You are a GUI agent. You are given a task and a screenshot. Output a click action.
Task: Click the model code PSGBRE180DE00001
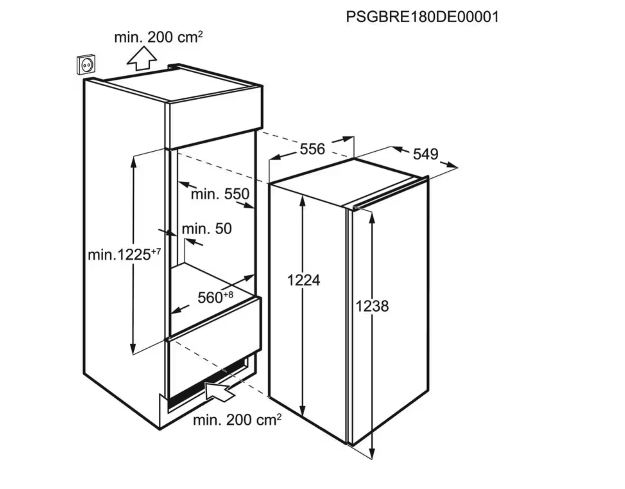(x=422, y=17)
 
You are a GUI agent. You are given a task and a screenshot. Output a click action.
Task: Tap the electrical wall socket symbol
(x=86, y=65)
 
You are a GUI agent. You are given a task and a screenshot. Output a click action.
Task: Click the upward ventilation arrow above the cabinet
(x=142, y=59)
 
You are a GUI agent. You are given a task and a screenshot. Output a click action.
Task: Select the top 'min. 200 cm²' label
(x=158, y=37)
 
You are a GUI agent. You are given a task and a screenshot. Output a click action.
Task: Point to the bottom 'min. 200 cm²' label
(x=237, y=420)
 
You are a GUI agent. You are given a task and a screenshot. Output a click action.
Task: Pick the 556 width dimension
(x=312, y=149)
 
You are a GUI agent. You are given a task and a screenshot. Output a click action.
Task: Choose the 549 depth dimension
(x=426, y=154)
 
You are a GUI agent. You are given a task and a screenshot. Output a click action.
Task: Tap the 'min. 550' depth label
(x=220, y=194)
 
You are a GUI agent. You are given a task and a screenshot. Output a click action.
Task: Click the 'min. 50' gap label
(x=207, y=228)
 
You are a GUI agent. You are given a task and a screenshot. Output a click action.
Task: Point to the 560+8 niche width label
(x=215, y=297)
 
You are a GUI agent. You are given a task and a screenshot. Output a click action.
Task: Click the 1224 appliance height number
(x=303, y=280)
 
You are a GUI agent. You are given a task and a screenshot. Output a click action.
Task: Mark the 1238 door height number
(x=372, y=306)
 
